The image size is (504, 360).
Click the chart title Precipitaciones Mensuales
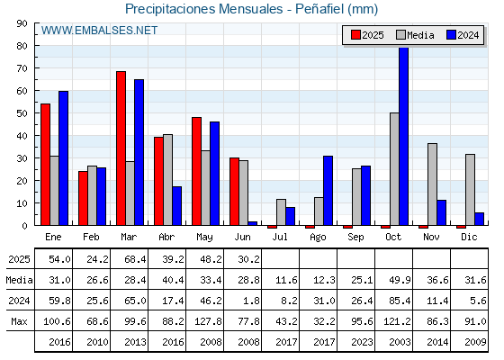pos(204,9)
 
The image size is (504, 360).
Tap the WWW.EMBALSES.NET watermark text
pos(99,31)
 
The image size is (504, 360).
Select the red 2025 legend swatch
pos(355,35)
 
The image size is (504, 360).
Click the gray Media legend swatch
pos(400,35)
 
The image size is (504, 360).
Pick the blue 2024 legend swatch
pos(451,35)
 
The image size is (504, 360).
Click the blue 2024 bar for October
pos(404,136)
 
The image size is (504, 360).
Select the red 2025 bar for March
pos(121,148)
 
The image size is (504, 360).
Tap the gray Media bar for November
pos(432,184)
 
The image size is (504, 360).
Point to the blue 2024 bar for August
pos(328,191)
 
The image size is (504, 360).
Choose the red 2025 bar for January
pos(45,165)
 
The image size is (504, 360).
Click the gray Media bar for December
pos(470,190)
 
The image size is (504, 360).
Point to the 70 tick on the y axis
pos(22,68)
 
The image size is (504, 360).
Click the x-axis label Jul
pos(280,238)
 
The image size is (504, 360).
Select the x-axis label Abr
pos(166,238)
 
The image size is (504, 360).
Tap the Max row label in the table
pos(19,321)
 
